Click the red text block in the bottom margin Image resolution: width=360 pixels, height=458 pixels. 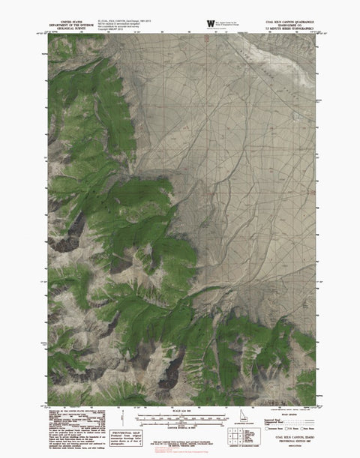coord(178,449)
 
